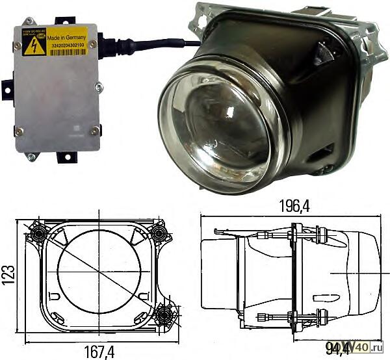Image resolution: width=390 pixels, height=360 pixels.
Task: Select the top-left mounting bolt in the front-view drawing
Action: tap(38, 232)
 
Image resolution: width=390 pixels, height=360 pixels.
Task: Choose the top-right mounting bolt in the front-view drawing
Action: tap(158, 232)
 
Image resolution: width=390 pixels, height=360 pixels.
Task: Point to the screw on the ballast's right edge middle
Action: tap(99, 86)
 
